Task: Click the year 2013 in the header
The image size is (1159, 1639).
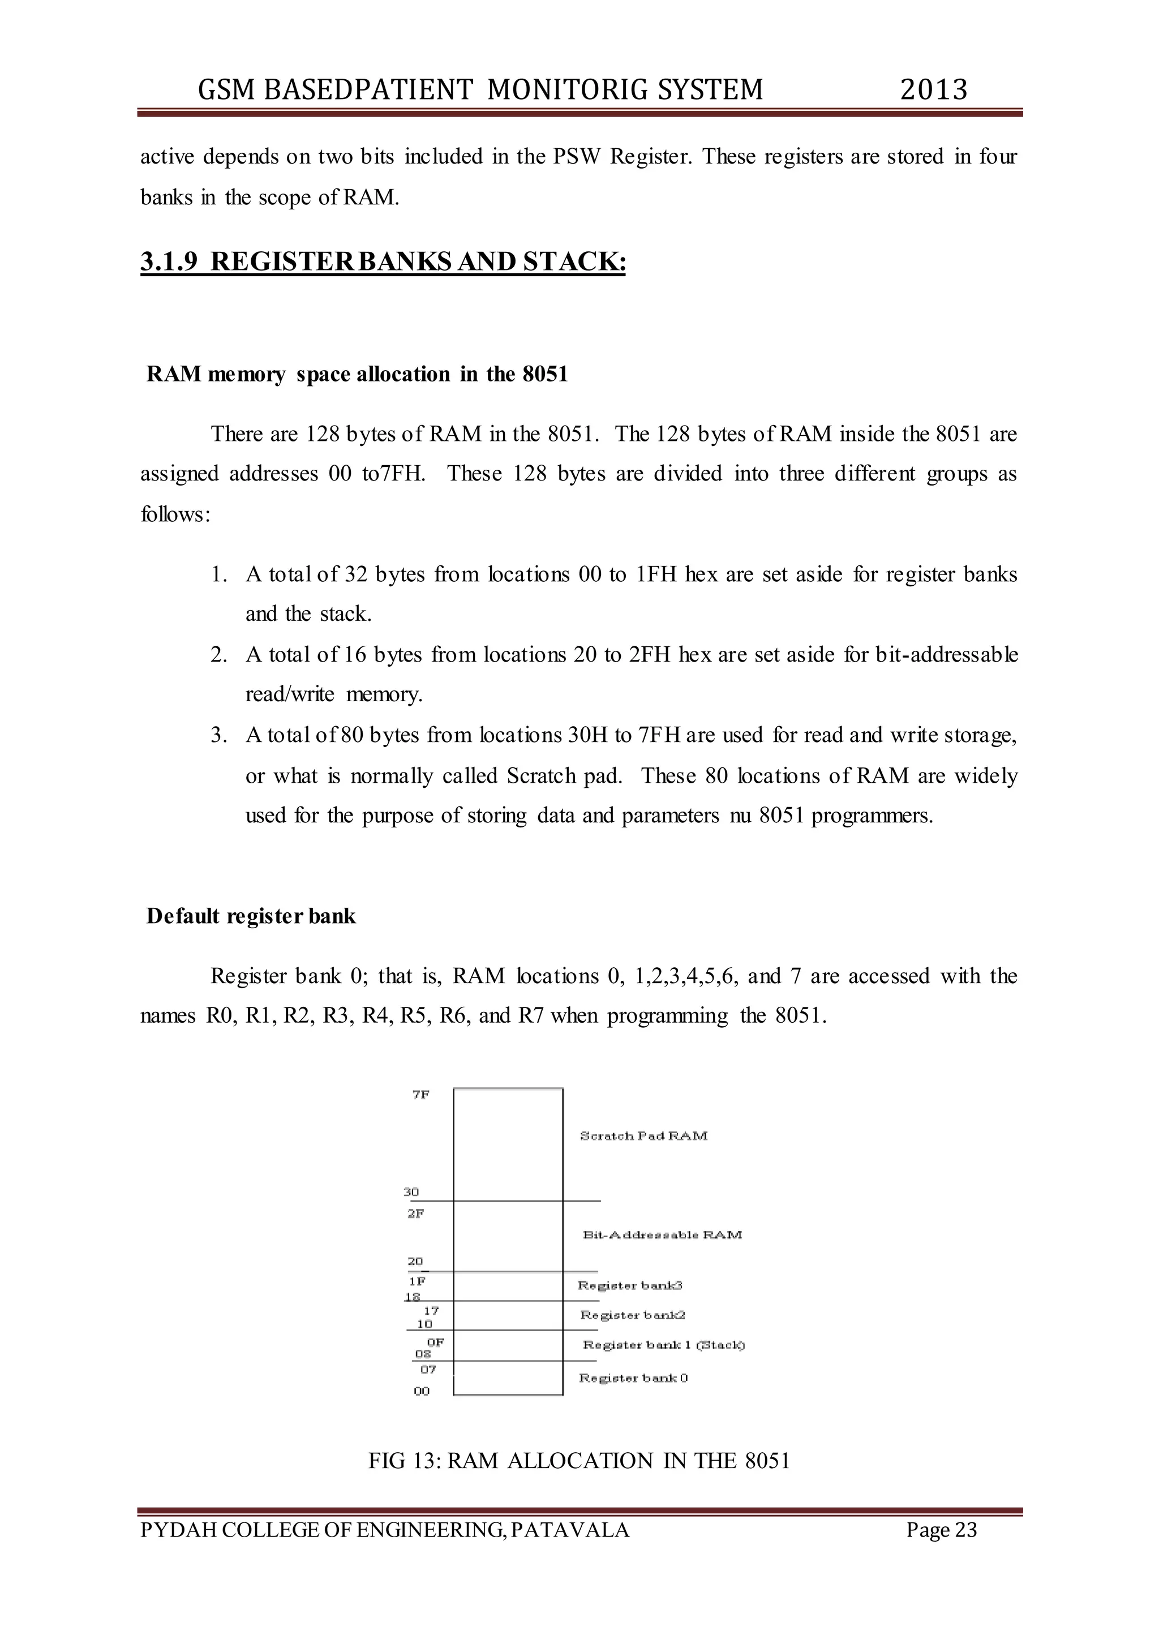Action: coord(933,90)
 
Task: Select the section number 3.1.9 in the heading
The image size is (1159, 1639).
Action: coord(169,261)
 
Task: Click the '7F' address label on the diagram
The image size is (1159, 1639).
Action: coord(420,1095)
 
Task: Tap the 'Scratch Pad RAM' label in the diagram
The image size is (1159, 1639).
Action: coord(643,1136)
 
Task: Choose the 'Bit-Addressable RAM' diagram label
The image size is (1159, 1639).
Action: coord(662,1234)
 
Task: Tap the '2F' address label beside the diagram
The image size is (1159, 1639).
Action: coord(416,1213)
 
